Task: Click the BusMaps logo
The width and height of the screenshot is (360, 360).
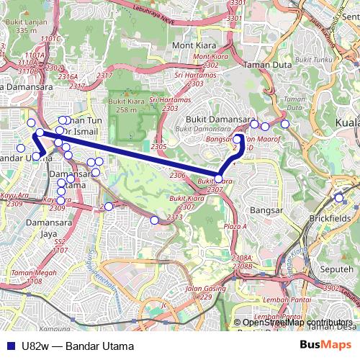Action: click(326, 345)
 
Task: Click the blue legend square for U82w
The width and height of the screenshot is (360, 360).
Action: click(9, 346)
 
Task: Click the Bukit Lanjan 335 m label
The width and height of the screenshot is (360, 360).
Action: click(21, 27)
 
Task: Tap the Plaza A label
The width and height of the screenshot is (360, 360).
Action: click(235, 226)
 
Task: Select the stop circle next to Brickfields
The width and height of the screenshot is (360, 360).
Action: click(339, 197)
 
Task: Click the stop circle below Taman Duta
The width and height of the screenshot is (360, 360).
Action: click(285, 124)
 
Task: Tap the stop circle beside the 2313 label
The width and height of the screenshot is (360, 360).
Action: click(154, 220)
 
